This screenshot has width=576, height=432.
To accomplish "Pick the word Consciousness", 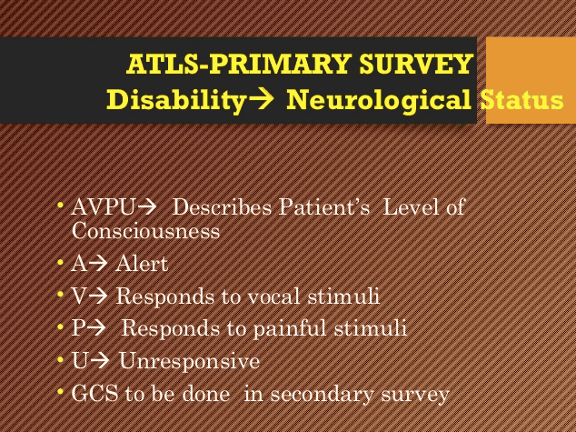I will (145, 231).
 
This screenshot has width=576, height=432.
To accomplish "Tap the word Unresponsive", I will (189, 361).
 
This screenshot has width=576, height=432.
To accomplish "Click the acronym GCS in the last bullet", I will (94, 394).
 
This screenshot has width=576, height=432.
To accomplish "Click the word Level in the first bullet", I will (412, 207).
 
